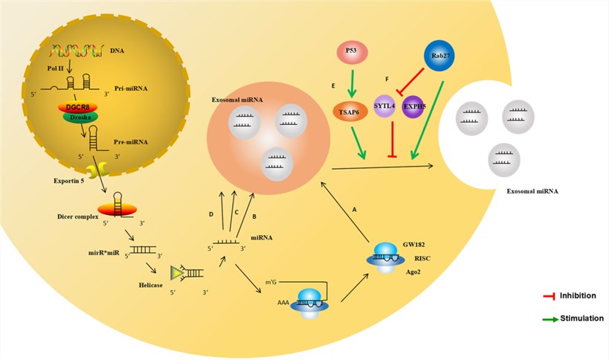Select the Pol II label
(x=53, y=68)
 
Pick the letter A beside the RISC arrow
(x=354, y=210)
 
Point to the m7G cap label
(x=273, y=282)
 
